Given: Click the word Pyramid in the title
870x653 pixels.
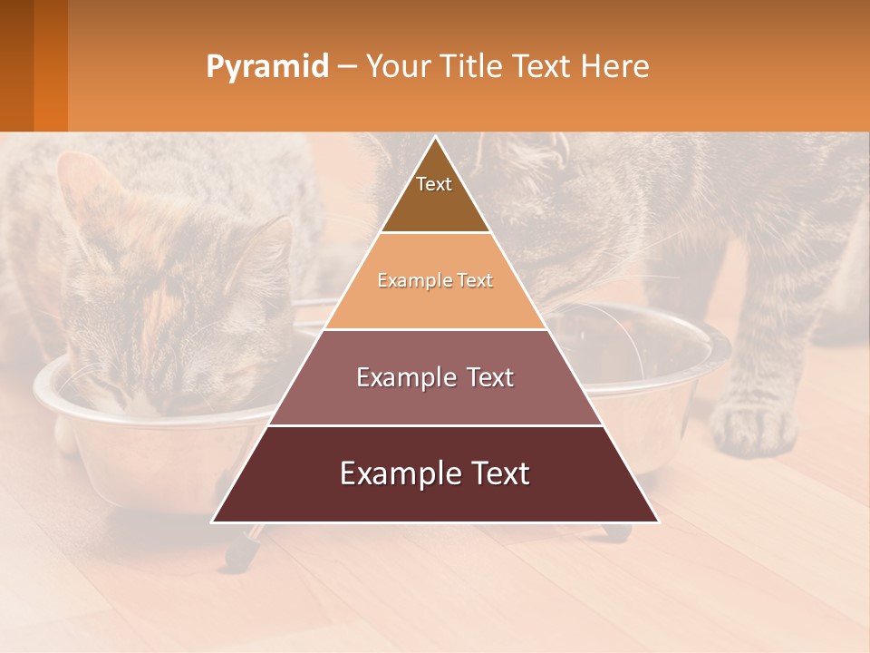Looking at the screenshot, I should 266,67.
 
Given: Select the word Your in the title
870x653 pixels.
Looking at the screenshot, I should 397,66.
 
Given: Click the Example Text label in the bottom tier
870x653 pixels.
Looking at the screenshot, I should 435,473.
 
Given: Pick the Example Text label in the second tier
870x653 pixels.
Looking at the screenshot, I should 435,280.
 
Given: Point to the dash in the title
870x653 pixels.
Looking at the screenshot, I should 347,67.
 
